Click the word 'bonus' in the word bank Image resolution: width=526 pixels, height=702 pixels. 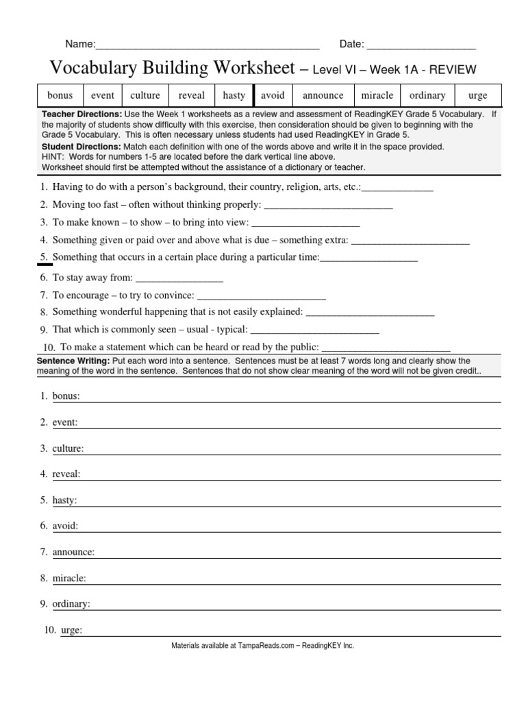point(60,95)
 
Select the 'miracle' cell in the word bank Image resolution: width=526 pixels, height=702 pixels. point(377,95)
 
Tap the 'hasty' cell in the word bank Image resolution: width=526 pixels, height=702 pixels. point(234,95)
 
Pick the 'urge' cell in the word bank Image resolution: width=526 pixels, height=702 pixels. point(477,95)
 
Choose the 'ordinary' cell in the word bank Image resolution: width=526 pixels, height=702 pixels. point(427,95)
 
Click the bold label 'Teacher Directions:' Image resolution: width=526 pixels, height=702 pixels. point(82,114)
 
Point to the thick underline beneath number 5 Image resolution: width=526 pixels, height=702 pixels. point(45,263)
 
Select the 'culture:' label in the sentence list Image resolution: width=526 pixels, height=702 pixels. point(68,448)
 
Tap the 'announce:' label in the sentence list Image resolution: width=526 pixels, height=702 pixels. point(73,552)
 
